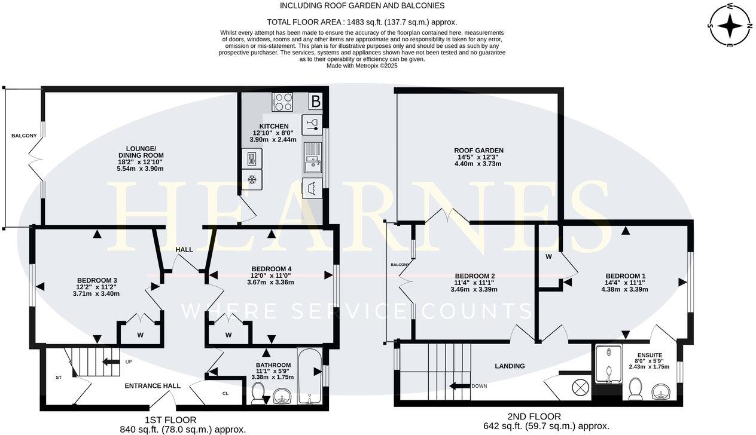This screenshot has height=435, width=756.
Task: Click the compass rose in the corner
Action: [729, 25]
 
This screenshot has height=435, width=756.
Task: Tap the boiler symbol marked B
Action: [315, 102]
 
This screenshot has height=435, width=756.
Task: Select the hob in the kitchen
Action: [283, 102]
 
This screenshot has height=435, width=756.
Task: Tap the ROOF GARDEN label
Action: [478, 151]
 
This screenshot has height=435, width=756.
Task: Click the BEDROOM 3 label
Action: [97, 280]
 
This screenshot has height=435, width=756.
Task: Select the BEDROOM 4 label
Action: [272, 269]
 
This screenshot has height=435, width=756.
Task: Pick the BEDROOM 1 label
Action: [626, 276]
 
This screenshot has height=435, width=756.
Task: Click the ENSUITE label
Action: [649, 355]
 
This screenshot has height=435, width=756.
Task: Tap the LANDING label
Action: [510, 366]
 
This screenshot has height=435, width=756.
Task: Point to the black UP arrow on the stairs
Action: [112, 362]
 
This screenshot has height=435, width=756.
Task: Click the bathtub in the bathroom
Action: [309, 375]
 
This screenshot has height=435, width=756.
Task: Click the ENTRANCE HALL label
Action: [153, 386]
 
